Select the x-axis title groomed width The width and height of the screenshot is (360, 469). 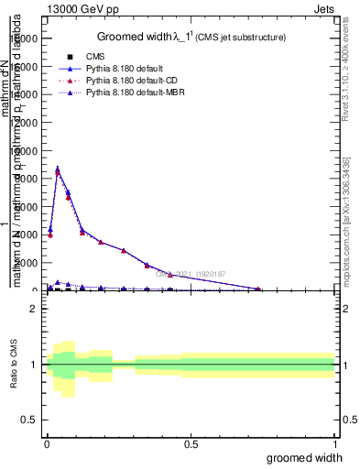point(311,457)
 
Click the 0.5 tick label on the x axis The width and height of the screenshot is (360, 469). point(191,442)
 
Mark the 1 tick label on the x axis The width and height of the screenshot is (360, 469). point(334,442)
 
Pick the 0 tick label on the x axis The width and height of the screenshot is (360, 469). point(47,442)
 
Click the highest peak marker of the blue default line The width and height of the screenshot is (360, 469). point(58,169)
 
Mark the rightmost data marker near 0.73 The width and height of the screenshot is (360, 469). point(257,289)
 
